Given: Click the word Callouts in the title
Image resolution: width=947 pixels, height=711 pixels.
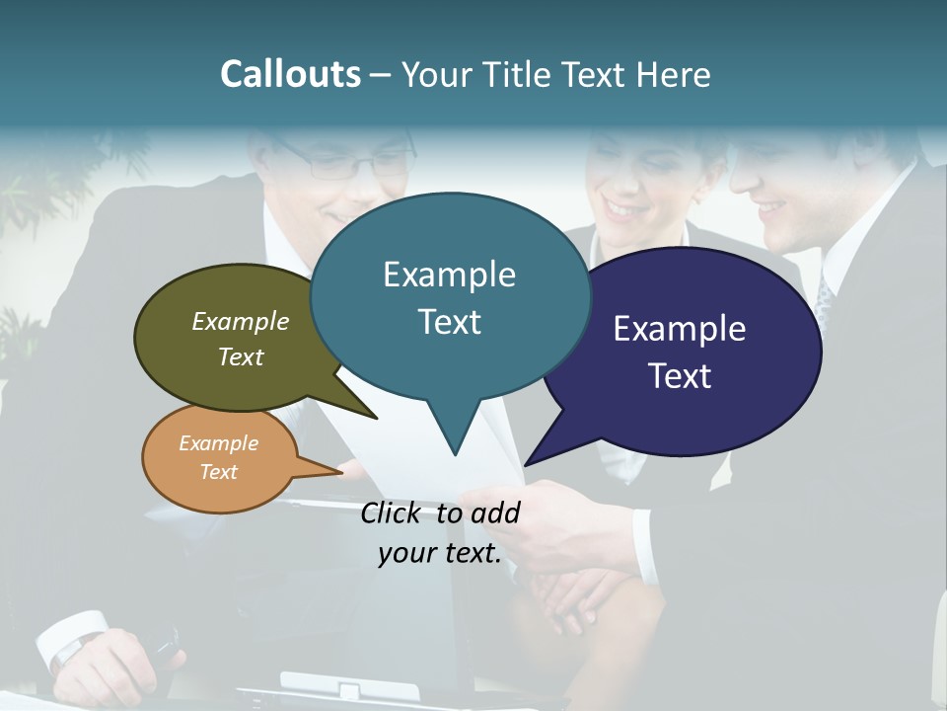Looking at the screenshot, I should pos(290,74).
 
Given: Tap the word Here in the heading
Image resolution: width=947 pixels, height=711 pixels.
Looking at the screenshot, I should pos(673,75).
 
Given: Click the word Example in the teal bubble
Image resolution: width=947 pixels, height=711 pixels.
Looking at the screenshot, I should pos(449,275).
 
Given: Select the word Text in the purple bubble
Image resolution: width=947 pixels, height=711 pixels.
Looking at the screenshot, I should pos(681,376).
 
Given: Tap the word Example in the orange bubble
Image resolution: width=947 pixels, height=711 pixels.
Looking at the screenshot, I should pos(218,443).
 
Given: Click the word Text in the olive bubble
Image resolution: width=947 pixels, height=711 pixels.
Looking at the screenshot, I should pos(241,357).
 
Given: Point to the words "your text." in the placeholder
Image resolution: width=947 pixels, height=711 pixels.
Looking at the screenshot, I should pos(440,553).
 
